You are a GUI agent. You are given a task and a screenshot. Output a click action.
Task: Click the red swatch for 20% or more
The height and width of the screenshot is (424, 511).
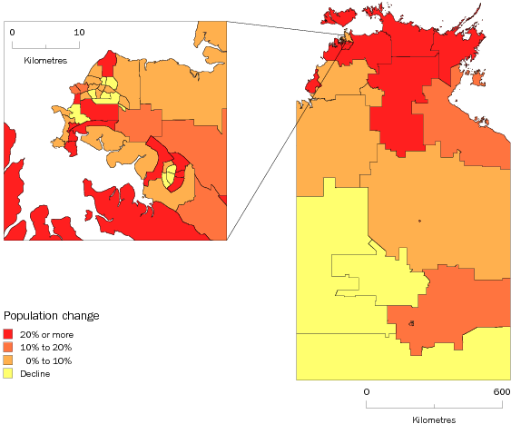pyautogui.click(x=8, y=335)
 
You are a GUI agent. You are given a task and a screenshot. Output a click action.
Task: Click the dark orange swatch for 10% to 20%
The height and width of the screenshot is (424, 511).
pyautogui.click(x=8, y=348)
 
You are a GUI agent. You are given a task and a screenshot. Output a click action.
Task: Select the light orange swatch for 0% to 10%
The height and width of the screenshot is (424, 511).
pyautogui.click(x=8, y=360)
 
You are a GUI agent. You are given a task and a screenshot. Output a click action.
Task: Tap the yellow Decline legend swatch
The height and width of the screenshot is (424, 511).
pyautogui.click(x=8, y=373)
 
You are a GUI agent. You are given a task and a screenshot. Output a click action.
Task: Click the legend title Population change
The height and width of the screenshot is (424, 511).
pyautogui.click(x=52, y=316)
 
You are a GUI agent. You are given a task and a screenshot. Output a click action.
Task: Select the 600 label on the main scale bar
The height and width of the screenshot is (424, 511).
pyautogui.click(x=500, y=391)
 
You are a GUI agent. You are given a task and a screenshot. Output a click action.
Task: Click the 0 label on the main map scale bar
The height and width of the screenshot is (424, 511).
pyautogui.click(x=368, y=391)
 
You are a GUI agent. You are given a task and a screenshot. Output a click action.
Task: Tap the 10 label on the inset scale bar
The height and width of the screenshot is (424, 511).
pyautogui.click(x=79, y=32)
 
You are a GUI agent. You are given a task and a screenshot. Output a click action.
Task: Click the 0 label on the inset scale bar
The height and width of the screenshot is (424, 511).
pyautogui.click(x=13, y=32)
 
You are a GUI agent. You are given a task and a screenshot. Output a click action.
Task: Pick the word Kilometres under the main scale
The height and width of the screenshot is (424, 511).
pyautogui.click(x=435, y=419)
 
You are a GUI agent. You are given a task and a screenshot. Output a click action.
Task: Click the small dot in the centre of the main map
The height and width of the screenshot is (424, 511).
pyautogui.click(x=419, y=221)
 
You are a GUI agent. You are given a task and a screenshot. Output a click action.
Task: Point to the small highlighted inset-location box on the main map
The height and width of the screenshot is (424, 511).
pyautogui.click(x=346, y=36)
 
